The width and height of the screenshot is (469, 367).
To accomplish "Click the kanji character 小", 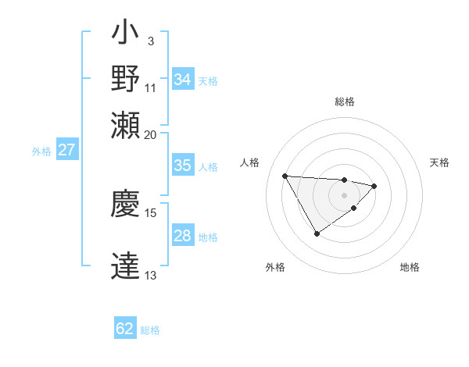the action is click(x=125, y=34).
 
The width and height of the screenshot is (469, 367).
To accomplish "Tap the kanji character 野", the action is click(x=125, y=80).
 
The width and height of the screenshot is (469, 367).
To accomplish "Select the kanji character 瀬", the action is click(x=125, y=125).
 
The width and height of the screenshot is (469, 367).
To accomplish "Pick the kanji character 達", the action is click(x=125, y=265).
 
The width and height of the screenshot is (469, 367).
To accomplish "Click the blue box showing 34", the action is click(x=182, y=80).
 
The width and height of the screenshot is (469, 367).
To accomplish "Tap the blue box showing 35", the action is click(x=182, y=166).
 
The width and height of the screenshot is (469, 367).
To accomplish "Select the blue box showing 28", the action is click(x=182, y=236).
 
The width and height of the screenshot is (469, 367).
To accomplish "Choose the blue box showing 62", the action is click(x=125, y=329).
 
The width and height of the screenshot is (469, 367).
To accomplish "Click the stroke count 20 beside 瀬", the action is click(x=151, y=134).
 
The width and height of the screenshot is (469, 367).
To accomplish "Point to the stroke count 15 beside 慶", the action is click(x=151, y=212).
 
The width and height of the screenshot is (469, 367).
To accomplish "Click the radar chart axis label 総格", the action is click(x=345, y=102).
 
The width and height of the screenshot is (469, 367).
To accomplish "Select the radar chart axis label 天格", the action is click(x=439, y=162).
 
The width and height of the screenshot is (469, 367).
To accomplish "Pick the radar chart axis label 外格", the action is click(x=275, y=267).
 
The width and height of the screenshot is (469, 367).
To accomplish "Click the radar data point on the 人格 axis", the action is click(x=285, y=176).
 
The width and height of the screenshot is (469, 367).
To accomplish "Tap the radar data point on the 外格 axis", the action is click(x=317, y=233).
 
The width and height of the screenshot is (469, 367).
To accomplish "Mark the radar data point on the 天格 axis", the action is click(x=375, y=186).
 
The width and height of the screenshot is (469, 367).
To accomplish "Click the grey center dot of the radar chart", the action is click(x=344, y=194).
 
